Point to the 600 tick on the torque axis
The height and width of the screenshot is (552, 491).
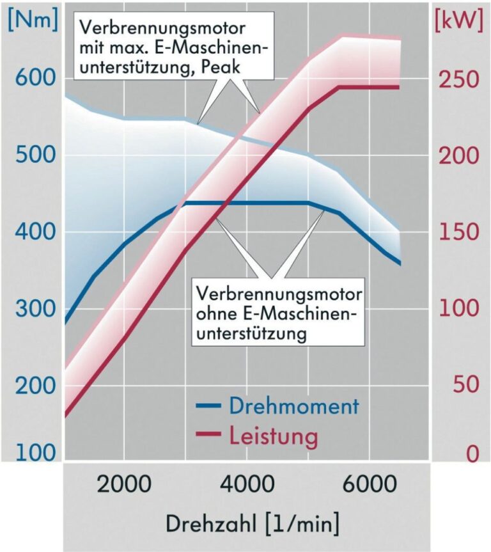(x=31, y=79)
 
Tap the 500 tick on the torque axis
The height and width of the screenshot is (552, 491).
(x=31, y=156)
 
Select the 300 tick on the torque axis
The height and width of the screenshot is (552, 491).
(x=31, y=310)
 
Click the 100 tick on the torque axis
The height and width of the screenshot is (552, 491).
(x=31, y=453)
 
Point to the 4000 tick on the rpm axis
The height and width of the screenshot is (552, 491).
(x=246, y=485)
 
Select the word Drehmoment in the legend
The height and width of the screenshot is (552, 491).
(x=293, y=406)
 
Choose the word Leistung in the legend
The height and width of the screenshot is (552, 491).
(x=273, y=437)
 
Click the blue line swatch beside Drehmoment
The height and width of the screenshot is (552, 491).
(x=208, y=406)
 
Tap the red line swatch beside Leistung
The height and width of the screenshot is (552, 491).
(x=208, y=437)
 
